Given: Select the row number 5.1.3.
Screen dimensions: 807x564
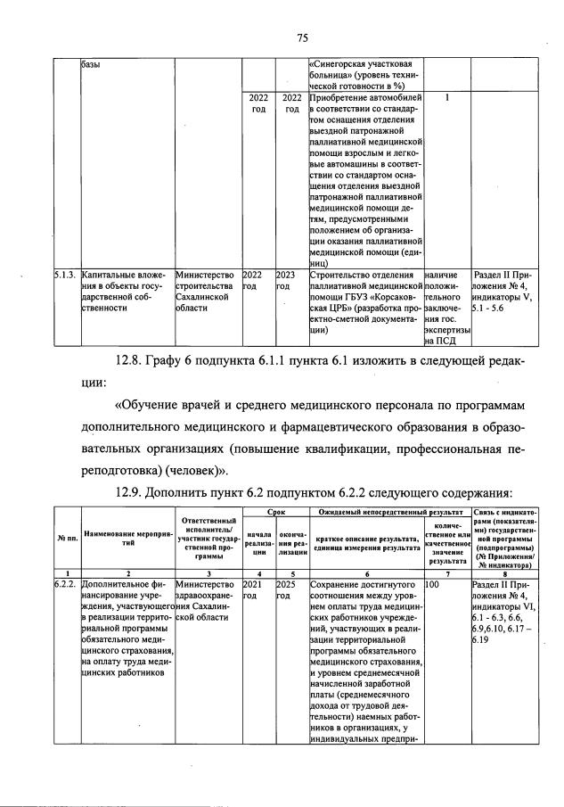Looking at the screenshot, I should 63,276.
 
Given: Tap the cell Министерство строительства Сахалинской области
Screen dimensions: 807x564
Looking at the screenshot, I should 206,291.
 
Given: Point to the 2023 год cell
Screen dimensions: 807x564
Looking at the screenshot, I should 287,281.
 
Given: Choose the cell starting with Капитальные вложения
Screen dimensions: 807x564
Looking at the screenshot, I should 125,291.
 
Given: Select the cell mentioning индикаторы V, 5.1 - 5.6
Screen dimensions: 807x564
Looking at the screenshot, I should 503,291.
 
